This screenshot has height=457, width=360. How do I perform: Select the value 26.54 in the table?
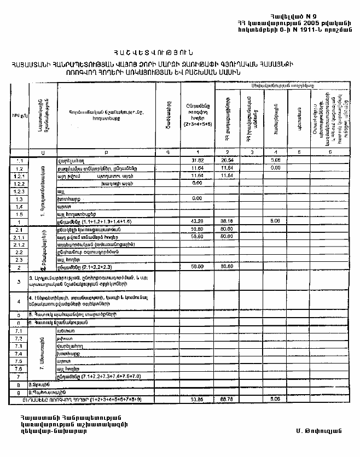227,161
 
